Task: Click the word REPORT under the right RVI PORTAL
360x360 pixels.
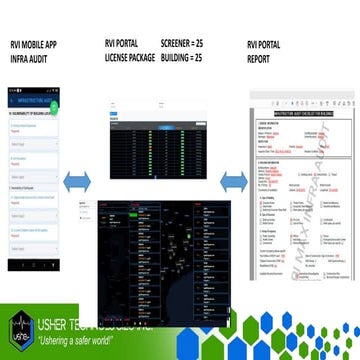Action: [261, 58]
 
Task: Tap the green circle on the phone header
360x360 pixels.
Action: [66, 99]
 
